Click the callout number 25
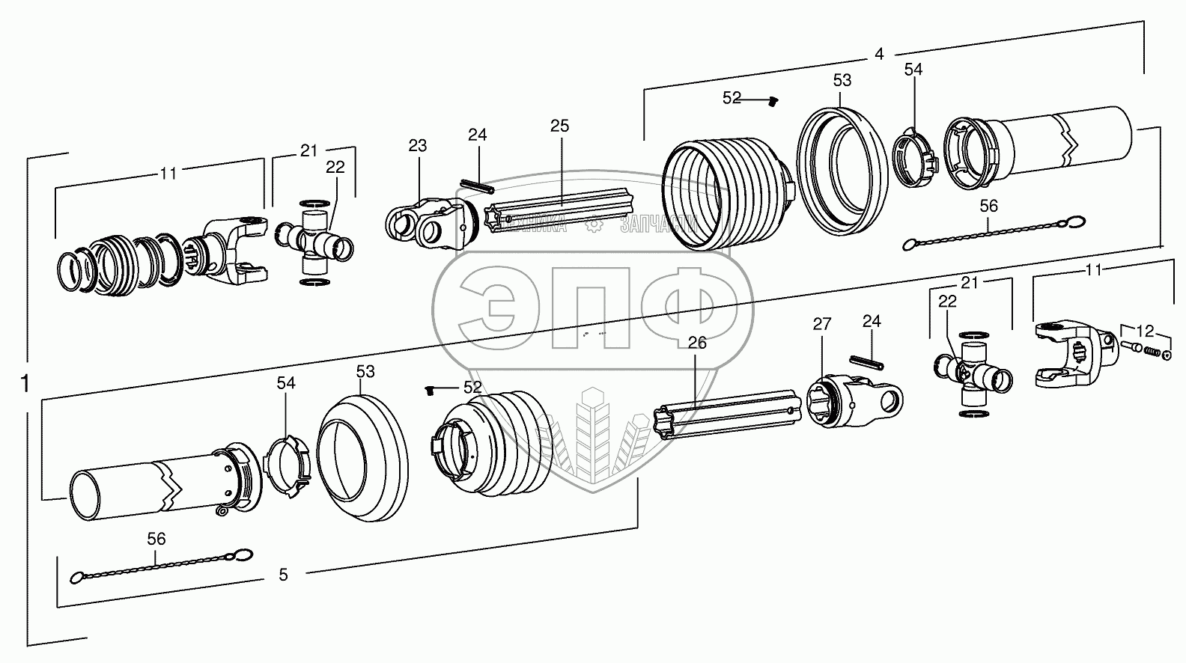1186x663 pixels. [559, 126]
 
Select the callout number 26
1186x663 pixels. [697, 343]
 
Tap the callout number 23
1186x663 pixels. [417, 145]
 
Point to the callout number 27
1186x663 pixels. [822, 324]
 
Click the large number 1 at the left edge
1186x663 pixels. [25, 384]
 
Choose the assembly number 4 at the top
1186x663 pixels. [879, 54]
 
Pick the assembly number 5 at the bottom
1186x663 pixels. [283, 575]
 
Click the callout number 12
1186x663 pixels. [1145, 330]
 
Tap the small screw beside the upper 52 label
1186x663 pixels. [774, 100]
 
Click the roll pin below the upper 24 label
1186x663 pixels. [477, 185]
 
